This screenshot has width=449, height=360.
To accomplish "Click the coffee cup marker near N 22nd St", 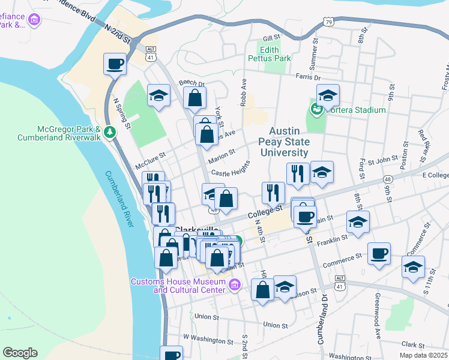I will point(115,64).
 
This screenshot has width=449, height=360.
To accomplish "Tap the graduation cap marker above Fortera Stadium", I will point(328,95).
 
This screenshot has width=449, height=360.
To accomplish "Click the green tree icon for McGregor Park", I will point(109,132).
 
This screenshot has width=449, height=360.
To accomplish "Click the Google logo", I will point(20,352).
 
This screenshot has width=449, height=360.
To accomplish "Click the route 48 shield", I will point(389,179).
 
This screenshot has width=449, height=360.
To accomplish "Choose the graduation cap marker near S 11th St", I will point(413,267).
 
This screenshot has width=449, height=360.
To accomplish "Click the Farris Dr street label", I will point(308,77).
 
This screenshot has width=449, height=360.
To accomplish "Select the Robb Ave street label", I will point(244,92).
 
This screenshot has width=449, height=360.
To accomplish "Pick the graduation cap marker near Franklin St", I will point(358,222).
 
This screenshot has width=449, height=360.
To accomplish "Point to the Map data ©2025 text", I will point(424,355).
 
